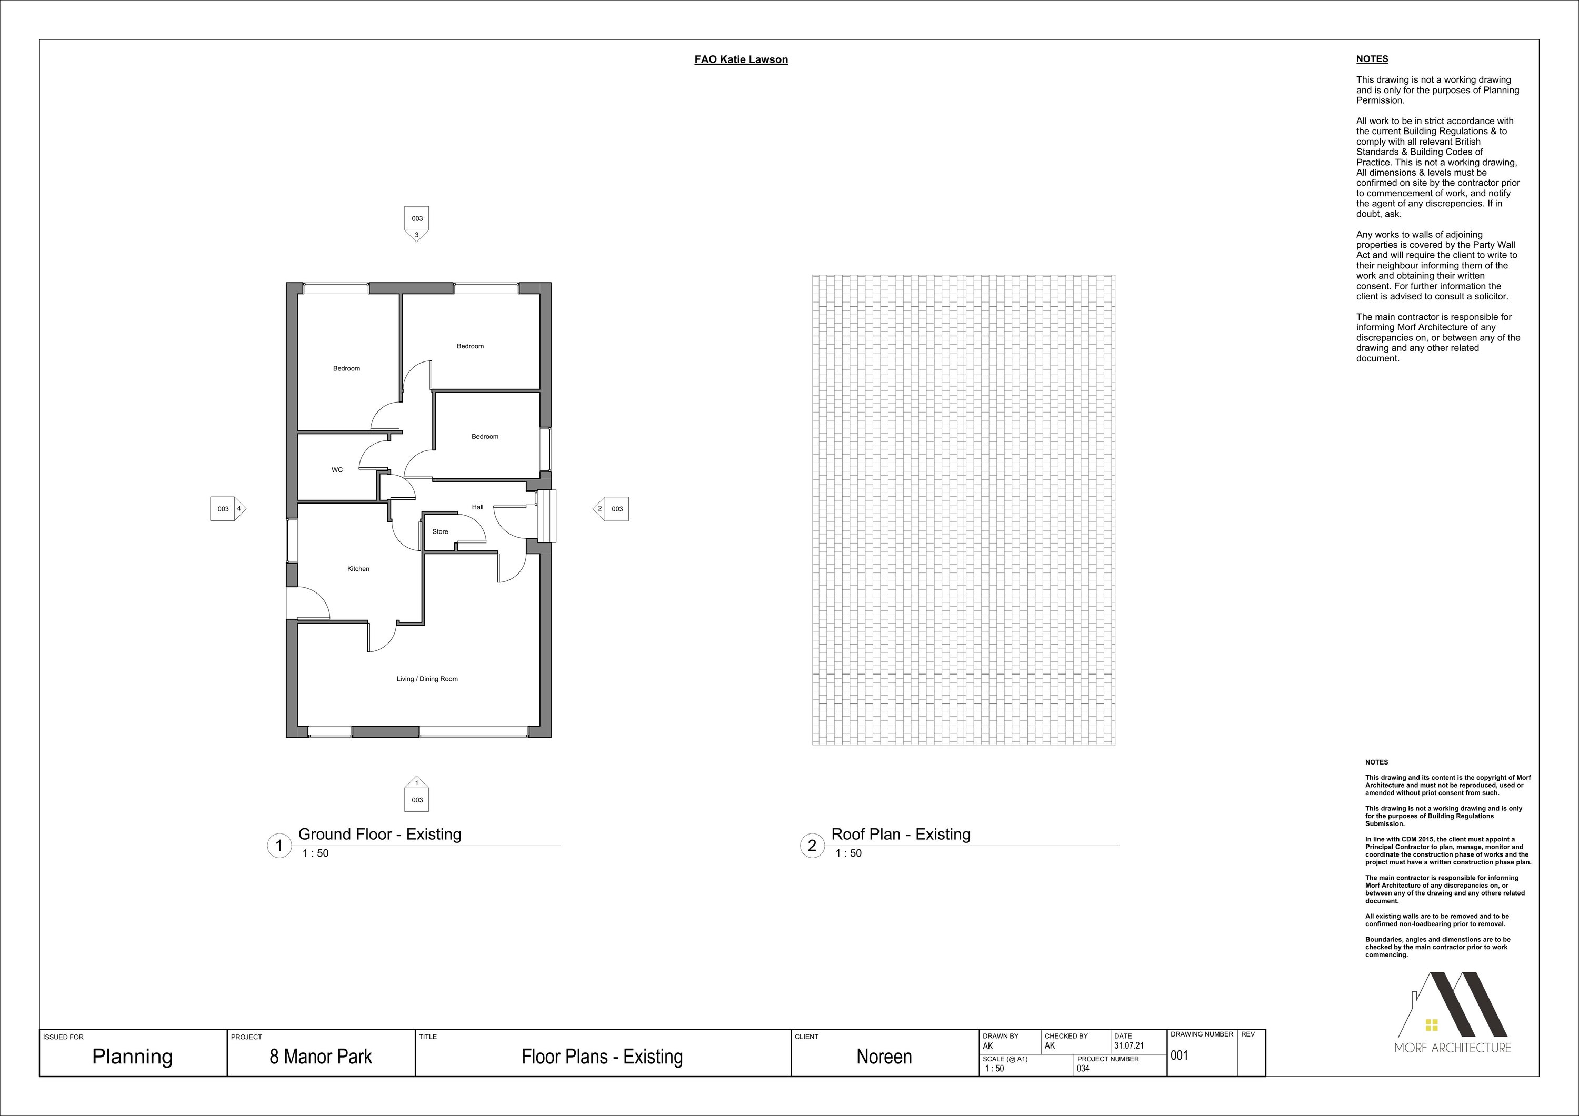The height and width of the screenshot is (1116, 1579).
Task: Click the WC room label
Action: tap(337, 470)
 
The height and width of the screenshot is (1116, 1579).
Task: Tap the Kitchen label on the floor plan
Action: tap(358, 569)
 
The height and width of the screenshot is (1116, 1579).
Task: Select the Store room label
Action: tap(440, 531)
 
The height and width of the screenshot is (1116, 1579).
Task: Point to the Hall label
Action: tap(477, 507)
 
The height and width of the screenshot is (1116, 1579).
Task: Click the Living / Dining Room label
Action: tap(427, 679)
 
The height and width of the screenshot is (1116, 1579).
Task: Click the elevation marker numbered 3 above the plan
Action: tap(417, 224)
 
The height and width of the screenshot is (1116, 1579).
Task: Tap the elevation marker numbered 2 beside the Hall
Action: tap(611, 509)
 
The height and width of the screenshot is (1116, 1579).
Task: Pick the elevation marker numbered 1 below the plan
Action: tap(416, 794)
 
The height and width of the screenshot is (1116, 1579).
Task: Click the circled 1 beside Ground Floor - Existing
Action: tap(279, 846)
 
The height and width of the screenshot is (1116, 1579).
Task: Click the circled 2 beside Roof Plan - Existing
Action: tap(812, 846)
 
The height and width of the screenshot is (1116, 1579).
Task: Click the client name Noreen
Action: tap(884, 1057)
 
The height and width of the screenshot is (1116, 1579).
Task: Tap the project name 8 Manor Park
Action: tap(321, 1057)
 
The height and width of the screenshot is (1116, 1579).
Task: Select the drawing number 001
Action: tap(1180, 1055)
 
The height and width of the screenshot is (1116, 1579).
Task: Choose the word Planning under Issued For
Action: tap(133, 1058)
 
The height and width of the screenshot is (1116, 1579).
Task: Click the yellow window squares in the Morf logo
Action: tap(1432, 1044)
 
